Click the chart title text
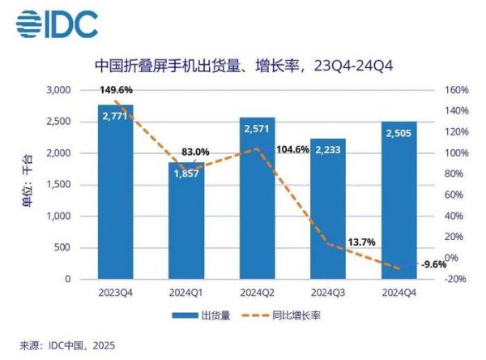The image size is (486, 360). tap(243, 65)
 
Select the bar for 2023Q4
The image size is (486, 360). tap(116, 195)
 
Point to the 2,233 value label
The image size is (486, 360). tap(328, 150)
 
